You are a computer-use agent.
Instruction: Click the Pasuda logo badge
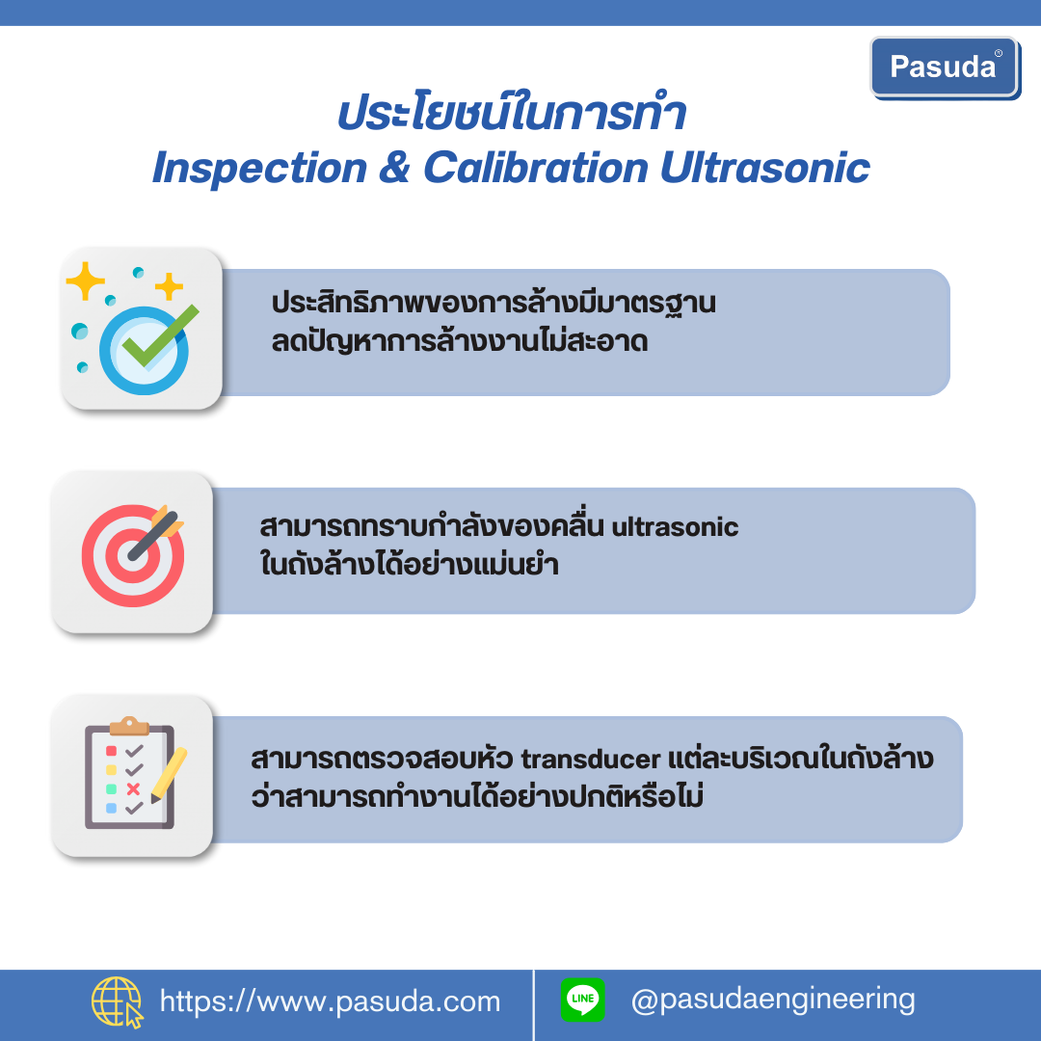[x=945, y=67]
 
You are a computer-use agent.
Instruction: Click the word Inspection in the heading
[x=259, y=169]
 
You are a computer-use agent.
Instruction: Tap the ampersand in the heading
[x=395, y=167]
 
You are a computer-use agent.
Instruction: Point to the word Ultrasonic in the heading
[x=764, y=167]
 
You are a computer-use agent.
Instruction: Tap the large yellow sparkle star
[x=85, y=280]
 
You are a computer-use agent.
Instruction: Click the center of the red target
[x=133, y=556]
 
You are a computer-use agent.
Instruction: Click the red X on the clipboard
[x=133, y=788]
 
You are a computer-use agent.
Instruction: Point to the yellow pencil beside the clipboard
[x=169, y=775]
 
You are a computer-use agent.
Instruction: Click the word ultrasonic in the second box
[x=675, y=527]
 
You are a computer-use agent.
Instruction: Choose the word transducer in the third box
[x=590, y=759]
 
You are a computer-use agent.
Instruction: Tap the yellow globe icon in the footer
[x=117, y=1001]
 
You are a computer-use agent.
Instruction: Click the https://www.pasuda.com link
[x=330, y=1001]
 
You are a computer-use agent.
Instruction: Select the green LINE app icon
[x=583, y=1000]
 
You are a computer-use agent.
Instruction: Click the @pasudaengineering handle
[x=773, y=1001]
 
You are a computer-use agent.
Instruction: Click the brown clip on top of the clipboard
[x=129, y=727]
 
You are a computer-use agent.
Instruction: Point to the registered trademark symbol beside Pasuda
[x=999, y=53]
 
